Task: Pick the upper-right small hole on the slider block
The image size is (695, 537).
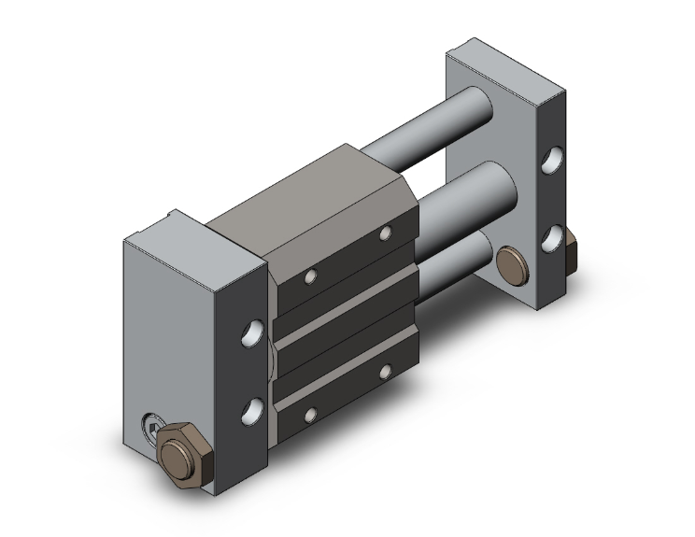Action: click(385, 233)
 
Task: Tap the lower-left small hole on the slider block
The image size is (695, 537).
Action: click(312, 414)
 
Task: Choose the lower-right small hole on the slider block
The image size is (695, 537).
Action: click(385, 372)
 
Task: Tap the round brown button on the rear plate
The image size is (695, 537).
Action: click(512, 261)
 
